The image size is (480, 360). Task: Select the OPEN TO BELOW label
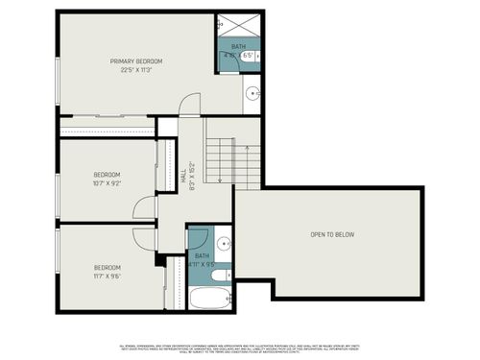(x=332, y=234)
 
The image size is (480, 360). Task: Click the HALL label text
(x=182, y=177)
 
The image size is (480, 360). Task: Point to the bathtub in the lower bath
(x=209, y=298)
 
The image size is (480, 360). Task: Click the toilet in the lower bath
(x=219, y=275)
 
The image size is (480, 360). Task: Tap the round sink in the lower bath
(x=223, y=244)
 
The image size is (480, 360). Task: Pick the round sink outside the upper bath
(x=252, y=94)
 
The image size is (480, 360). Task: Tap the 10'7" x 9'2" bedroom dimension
(x=107, y=182)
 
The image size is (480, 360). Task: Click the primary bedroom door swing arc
(x=190, y=103)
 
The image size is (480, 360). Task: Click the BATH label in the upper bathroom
(x=237, y=47)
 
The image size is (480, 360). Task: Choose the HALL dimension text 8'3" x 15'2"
(x=193, y=177)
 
